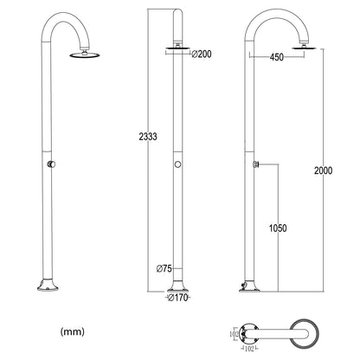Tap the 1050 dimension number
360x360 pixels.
click(276, 228)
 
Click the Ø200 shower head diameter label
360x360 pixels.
click(202, 55)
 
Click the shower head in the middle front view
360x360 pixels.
click(177, 50)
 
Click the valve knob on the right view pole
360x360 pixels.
click(256, 163)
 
